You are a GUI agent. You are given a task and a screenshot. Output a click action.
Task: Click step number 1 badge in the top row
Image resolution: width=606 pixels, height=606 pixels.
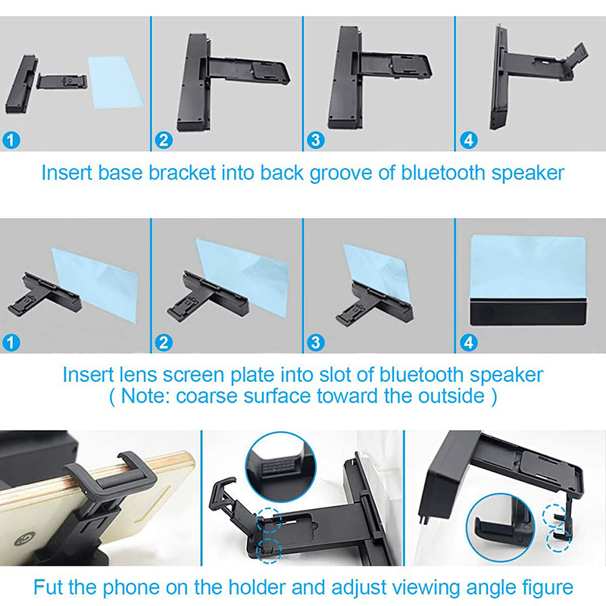(11, 140)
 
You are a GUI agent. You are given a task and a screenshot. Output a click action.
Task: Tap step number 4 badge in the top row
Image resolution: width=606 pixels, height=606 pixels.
(468, 140)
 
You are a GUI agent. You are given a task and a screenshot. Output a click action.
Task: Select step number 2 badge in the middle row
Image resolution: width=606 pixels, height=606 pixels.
(164, 342)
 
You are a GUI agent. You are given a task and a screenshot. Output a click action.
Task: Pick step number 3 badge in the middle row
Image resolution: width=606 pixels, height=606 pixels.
(316, 342)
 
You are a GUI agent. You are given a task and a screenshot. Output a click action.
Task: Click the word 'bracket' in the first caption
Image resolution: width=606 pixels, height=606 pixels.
(182, 173)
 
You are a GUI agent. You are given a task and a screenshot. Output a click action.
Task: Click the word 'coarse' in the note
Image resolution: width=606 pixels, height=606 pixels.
(206, 396)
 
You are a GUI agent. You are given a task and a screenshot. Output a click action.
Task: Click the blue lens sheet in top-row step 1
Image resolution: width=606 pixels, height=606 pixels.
(116, 82)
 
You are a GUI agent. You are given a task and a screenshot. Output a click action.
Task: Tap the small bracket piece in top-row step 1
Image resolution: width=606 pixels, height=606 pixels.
(62, 82)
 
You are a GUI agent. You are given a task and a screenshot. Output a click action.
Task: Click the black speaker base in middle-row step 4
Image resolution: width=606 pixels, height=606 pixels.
(528, 311)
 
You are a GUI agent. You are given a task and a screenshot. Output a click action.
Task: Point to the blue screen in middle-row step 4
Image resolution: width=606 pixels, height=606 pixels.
(528, 267)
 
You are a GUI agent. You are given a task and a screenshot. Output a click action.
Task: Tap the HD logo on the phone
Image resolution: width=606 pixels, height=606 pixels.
(25, 539)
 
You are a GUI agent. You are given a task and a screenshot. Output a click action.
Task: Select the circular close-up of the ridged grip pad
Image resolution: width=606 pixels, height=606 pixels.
(280, 467)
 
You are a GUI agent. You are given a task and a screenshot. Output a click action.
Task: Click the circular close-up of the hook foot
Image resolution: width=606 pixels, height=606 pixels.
(501, 528)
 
